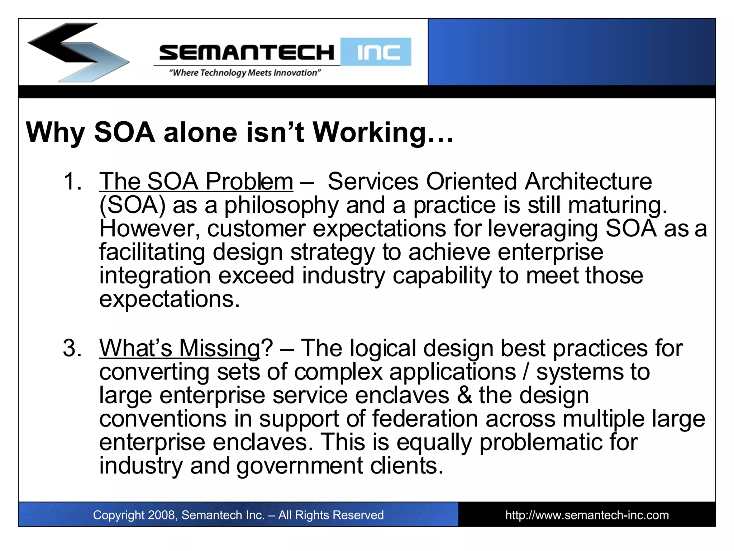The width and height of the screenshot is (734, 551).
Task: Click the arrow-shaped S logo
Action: tap(78, 52)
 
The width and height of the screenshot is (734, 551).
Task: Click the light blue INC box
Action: tap(376, 52)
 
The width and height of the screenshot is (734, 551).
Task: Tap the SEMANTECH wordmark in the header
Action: tap(247, 53)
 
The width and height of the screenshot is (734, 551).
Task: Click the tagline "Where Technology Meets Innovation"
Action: tap(245, 73)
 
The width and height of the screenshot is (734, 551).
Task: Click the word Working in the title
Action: tap(369, 133)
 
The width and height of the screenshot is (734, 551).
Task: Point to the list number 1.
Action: tap(72, 181)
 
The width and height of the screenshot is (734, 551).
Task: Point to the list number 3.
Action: tap(72, 348)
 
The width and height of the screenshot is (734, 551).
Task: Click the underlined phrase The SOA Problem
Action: tap(196, 181)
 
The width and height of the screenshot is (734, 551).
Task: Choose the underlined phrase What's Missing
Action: tap(180, 348)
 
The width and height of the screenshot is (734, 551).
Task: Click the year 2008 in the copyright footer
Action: tap(161, 515)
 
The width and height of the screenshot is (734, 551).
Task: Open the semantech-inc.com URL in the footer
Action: tap(587, 515)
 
